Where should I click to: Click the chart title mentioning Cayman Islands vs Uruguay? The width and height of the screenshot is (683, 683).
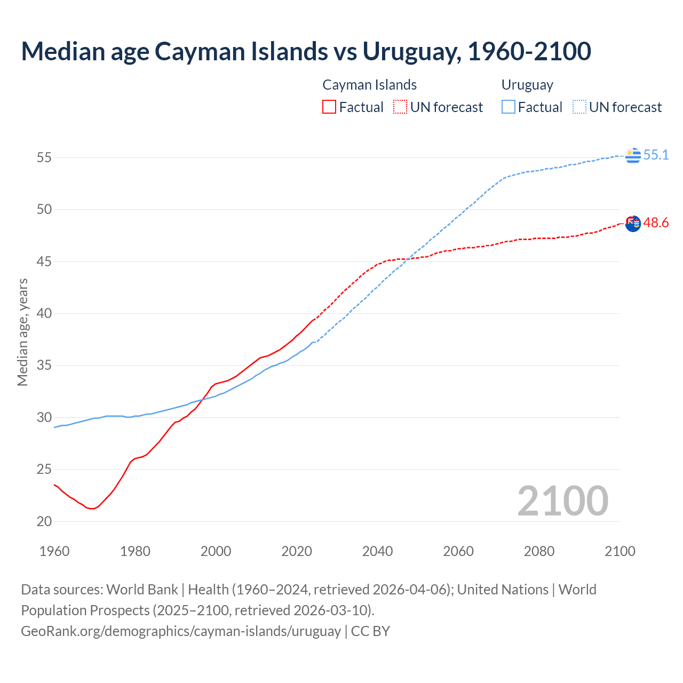pyautogui.click(x=306, y=51)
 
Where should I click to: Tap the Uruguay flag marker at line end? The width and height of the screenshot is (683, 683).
pyautogui.click(x=633, y=155)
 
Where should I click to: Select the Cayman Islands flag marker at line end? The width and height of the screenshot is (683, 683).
pyautogui.click(x=633, y=224)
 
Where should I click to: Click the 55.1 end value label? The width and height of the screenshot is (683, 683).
pyautogui.click(x=656, y=155)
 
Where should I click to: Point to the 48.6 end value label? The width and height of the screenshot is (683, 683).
pyautogui.click(x=656, y=223)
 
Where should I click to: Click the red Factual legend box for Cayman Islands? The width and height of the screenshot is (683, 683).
pyautogui.click(x=329, y=107)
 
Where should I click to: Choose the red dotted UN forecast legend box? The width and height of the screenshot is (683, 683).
pyautogui.click(x=400, y=107)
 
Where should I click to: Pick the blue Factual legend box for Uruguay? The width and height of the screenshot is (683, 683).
pyautogui.click(x=509, y=107)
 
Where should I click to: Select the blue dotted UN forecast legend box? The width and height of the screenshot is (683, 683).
pyautogui.click(x=579, y=107)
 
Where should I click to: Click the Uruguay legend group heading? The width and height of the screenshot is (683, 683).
pyautogui.click(x=527, y=85)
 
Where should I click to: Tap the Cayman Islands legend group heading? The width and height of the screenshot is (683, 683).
pyautogui.click(x=369, y=85)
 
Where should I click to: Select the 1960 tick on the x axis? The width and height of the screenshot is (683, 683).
pyautogui.click(x=54, y=551)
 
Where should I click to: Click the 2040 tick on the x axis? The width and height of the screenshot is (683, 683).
pyautogui.click(x=377, y=551)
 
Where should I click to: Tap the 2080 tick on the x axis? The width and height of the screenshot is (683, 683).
pyautogui.click(x=539, y=551)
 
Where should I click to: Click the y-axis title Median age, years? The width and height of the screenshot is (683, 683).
pyautogui.click(x=22, y=332)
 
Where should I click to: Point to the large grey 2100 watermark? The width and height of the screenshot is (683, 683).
pyautogui.click(x=562, y=501)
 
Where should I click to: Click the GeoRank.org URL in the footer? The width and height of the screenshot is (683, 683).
pyautogui.click(x=181, y=631)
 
